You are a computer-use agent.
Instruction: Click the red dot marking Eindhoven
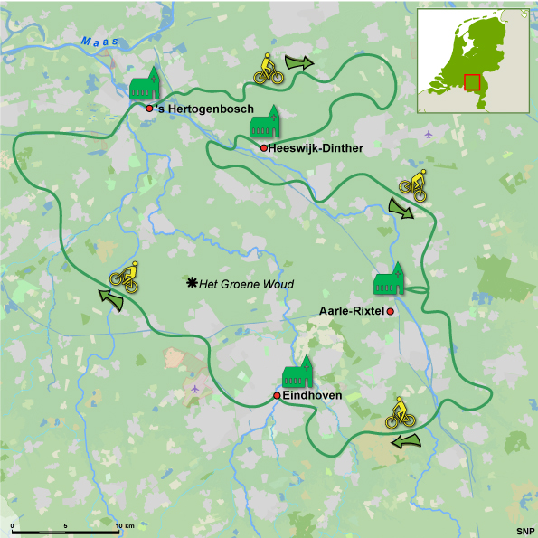(x=277, y=396)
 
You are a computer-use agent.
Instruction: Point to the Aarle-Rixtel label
(x=352, y=311)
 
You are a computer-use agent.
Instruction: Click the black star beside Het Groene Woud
(x=192, y=284)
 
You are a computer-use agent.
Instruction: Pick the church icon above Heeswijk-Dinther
(x=266, y=124)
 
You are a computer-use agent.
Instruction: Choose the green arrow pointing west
(x=407, y=440)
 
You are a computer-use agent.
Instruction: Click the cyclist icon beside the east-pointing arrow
(x=269, y=70)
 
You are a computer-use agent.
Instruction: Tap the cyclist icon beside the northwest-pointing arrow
(x=125, y=276)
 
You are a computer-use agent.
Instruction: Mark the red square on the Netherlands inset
(x=472, y=82)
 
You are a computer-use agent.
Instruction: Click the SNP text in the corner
(x=525, y=530)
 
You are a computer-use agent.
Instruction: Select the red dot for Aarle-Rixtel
(x=391, y=311)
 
